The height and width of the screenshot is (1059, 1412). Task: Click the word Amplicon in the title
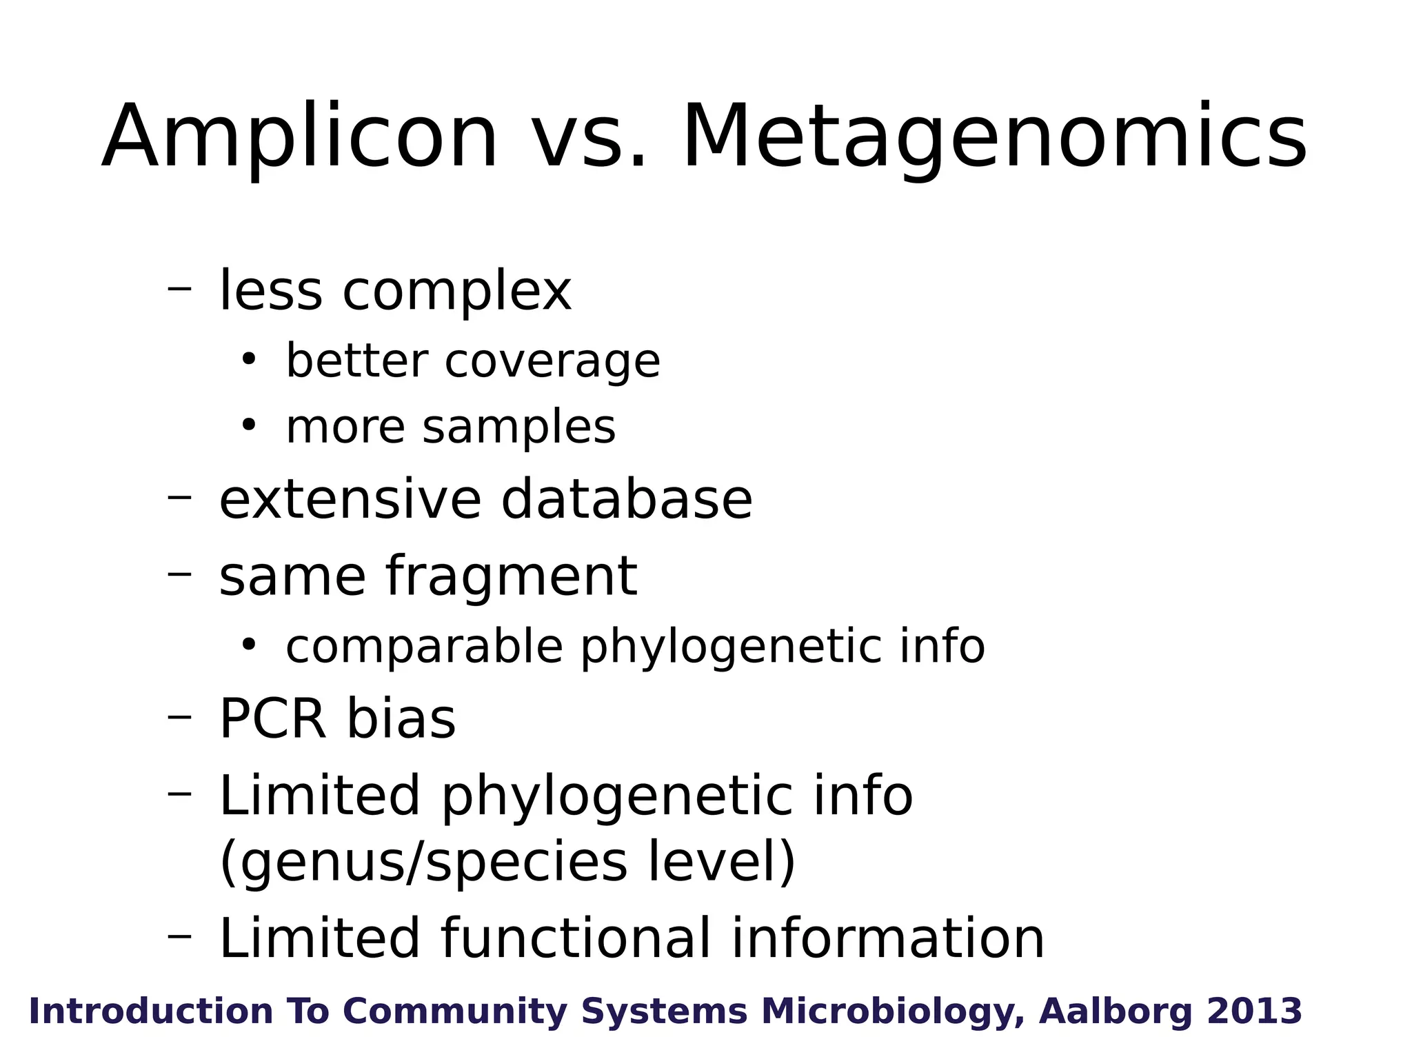(300, 138)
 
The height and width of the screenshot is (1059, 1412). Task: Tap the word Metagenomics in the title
(994, 138)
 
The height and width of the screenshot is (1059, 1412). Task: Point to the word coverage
(552, 361)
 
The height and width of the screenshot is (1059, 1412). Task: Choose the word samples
(518, 427)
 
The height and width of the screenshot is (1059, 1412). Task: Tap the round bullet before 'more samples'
(248, 425)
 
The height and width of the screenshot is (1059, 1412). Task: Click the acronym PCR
(272, 719)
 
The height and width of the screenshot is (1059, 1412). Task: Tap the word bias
(401, 719)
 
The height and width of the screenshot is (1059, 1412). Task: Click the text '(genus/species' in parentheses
(423, 863)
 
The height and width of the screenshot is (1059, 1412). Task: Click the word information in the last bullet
(887, 938)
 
